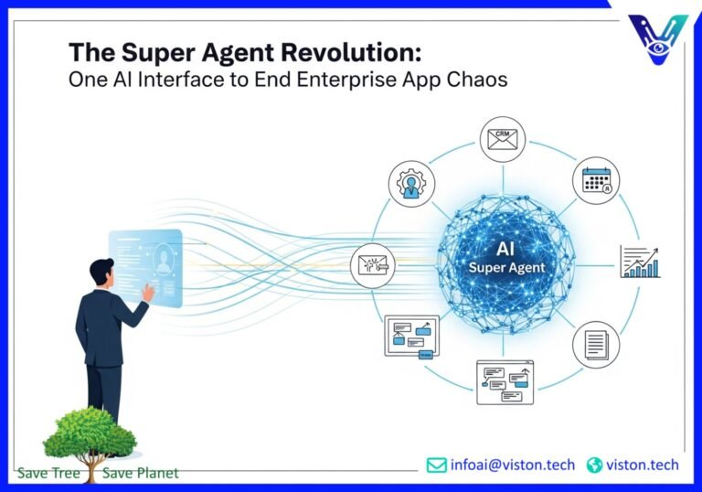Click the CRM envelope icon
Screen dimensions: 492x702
(501, 140)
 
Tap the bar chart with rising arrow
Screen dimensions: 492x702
(640, 262)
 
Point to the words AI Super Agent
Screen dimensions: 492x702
(505, 258)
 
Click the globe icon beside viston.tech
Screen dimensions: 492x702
(595, 465)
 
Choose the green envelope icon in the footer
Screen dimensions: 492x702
(437, 465)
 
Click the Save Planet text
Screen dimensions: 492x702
(140, 473)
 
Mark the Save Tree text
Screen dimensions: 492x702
(48, 473)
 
